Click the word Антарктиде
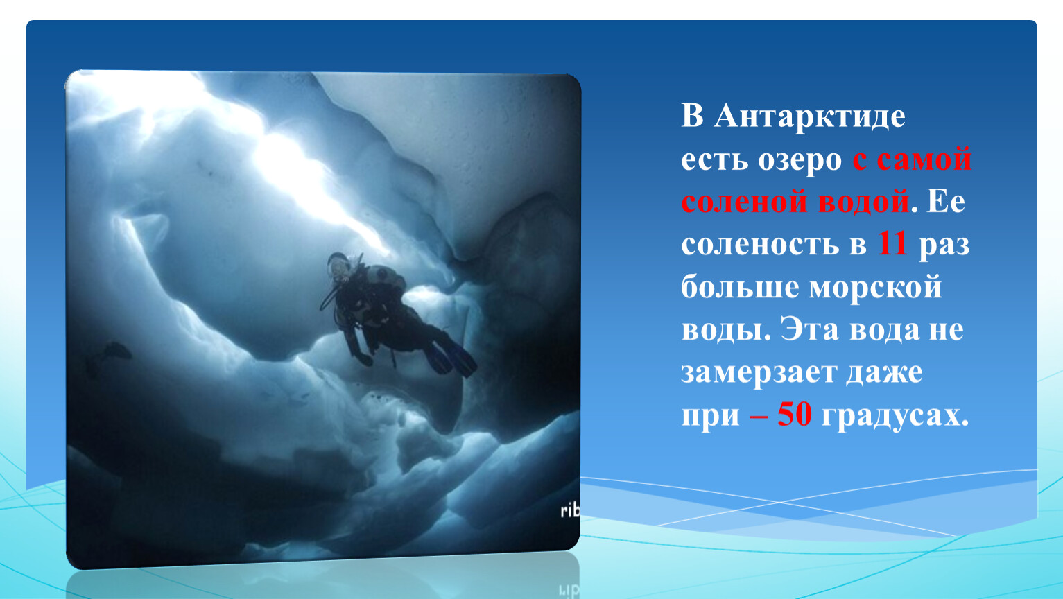point(810,116)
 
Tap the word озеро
point(800,161)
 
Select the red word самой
point(924,159)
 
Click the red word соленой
point(745,202)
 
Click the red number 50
point(795,415)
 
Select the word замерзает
point(759,373)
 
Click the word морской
point(876,288)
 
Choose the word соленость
point(760,245)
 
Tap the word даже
point(884,373)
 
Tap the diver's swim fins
point(451,358)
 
